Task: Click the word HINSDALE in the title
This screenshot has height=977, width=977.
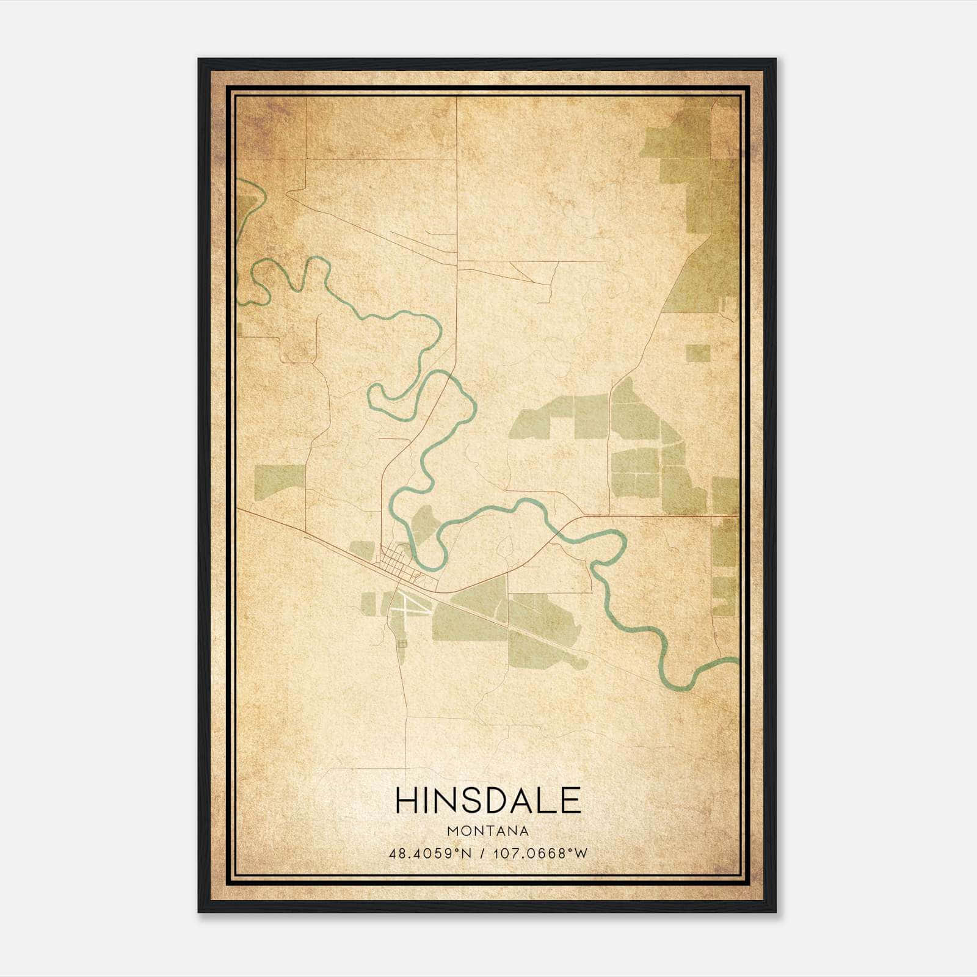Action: click(x=488, y=801)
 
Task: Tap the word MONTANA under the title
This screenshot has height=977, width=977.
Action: click(x=488, y=831)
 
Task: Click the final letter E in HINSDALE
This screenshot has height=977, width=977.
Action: click(x=570, y=801)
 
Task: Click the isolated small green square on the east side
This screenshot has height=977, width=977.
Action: click(x=698, y=353)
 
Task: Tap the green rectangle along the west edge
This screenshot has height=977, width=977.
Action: click(x=279, y=479)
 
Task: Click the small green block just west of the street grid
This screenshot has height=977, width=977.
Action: click(x=361, y=550)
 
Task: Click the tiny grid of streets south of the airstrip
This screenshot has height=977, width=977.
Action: click(x=401, y=644)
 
